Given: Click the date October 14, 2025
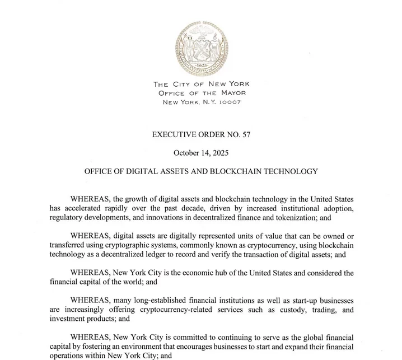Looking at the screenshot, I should [x=200, y=153].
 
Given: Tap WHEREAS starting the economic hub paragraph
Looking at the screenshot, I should [x=90, y=273].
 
